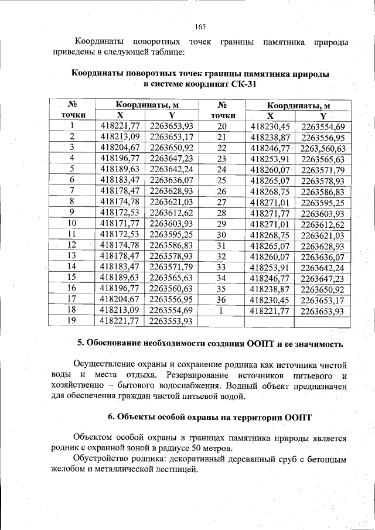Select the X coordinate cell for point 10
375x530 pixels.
120,223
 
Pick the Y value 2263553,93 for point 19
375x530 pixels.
171,320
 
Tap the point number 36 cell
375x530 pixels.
221,299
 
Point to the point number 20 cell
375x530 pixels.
221,126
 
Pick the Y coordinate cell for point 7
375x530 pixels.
171,191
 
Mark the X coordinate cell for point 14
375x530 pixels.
120,266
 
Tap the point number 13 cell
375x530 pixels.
72,255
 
